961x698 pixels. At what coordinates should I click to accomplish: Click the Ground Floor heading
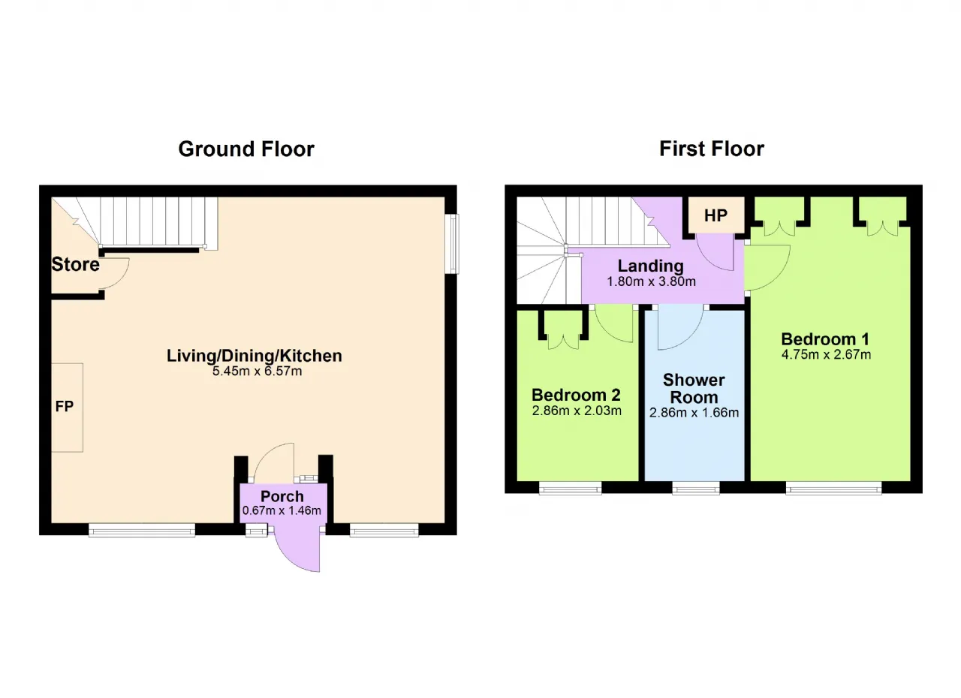pos(246,149)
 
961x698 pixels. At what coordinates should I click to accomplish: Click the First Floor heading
pos(712,149)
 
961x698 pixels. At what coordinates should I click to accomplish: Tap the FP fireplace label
pos(65,406)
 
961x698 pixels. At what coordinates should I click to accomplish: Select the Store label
pos(76,264)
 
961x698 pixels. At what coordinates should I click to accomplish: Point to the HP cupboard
pos(716,215)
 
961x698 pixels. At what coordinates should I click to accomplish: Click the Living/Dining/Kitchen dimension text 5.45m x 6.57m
pos(257,371)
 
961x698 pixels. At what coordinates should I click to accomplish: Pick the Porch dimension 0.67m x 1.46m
pos(282,510)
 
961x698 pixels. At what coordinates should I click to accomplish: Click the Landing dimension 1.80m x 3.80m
pos(651,281)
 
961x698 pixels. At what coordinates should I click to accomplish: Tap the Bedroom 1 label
pos(825,339)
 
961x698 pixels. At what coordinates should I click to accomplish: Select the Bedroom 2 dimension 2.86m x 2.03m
pos(577,411)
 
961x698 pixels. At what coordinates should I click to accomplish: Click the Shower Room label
pos(694,389)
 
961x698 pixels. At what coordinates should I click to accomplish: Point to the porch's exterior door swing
pos(297,553)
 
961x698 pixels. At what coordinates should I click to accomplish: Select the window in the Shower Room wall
pos(695,488)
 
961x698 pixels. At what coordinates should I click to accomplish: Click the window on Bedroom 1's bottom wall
pos(833,488)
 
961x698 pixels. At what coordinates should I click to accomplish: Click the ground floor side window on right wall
pos(452,243)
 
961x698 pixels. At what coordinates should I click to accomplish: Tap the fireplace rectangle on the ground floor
pos(67,408)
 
